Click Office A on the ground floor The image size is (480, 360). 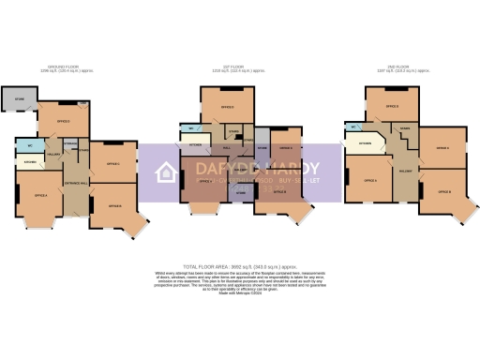click(40, 196)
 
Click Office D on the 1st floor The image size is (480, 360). click(227, 109)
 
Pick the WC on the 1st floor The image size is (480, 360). click(191, 128)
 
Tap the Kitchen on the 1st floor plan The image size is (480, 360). click(196, 145)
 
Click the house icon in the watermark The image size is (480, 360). click(166, 173)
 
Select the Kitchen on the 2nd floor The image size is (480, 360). click(364, 143)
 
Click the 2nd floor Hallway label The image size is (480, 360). click(405, 172)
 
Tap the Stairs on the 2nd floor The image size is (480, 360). click(405, 128)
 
